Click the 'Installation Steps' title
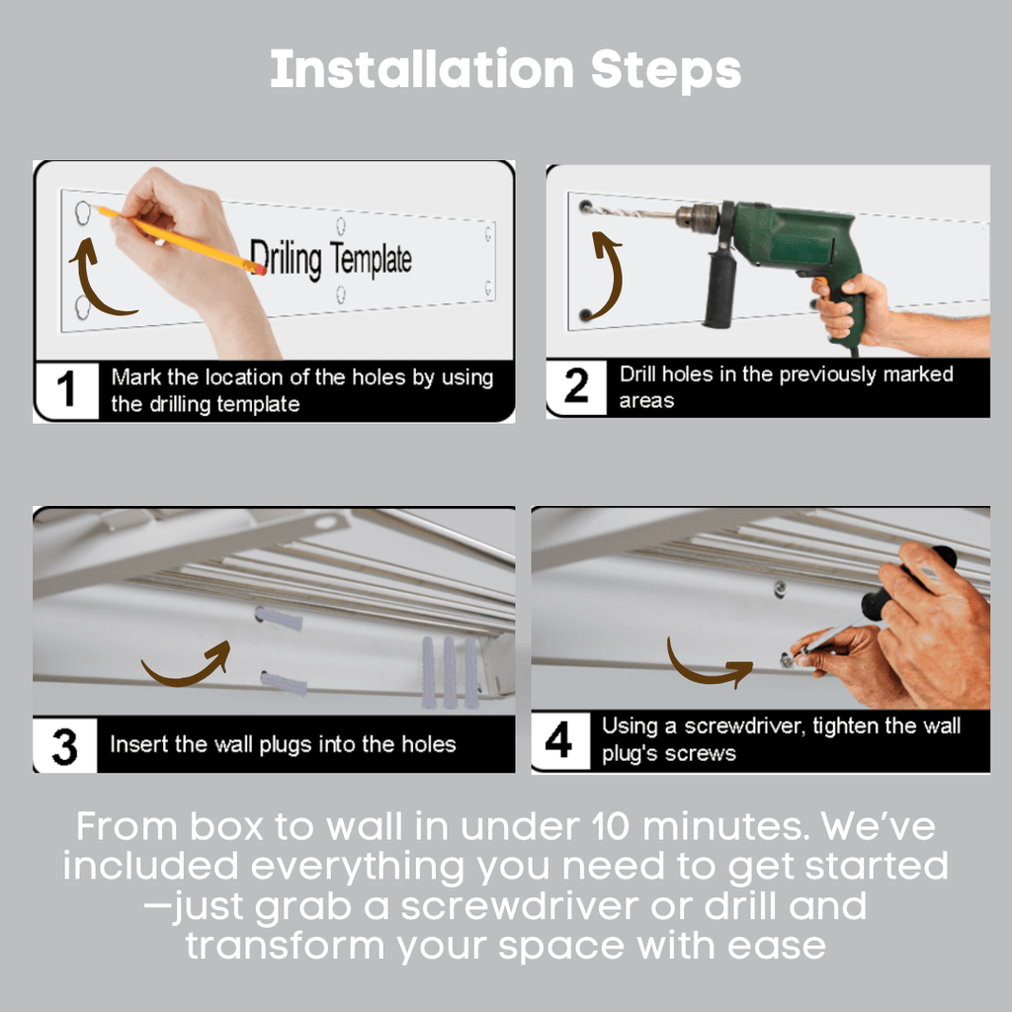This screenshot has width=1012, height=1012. (x=505, y=70)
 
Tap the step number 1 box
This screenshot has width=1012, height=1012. (x=66, y=390)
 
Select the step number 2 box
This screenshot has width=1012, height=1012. (x=576, y=387)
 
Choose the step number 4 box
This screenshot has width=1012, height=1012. (x=559, y=741)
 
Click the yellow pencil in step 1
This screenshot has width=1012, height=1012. (x=183, y=240)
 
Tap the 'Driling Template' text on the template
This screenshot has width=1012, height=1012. (x=329, y=260)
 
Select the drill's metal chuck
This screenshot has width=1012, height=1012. (x=697, y=217)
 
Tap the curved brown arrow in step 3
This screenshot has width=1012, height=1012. (x=188, y=666)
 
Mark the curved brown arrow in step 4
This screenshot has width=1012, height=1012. (x=707, y=667)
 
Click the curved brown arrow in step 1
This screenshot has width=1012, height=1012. (x=94, y=282)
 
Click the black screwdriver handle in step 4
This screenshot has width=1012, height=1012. (x=904, y=583)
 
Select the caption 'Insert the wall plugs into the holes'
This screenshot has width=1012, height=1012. (x=283, y=744)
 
